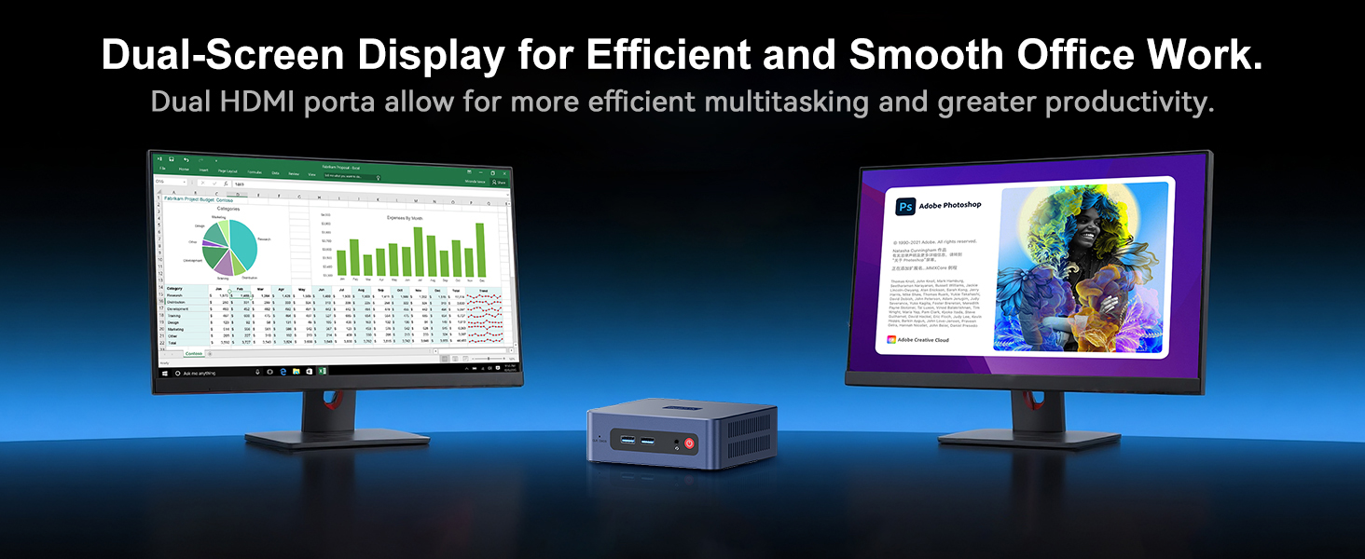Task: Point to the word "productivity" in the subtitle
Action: click(1127, 102)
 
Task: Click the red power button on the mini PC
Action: click(690, 443)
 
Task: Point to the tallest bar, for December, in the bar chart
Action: click(479, 250)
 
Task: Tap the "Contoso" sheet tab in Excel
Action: click(194, 354)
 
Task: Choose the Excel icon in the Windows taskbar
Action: click(322, 371)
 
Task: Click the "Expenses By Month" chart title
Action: click(411, 216)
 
